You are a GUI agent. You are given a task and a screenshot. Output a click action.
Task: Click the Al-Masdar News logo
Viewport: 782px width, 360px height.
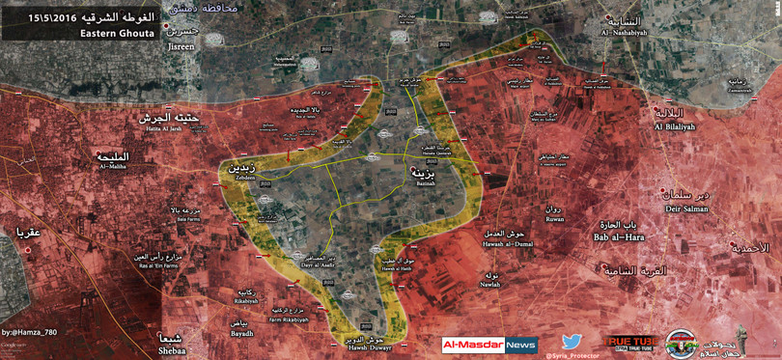coord(489,345)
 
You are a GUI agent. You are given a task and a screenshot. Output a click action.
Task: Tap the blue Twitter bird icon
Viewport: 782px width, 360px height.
coord(573,343)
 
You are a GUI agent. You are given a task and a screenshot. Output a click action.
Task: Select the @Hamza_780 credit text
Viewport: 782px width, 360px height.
coord(32,332)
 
